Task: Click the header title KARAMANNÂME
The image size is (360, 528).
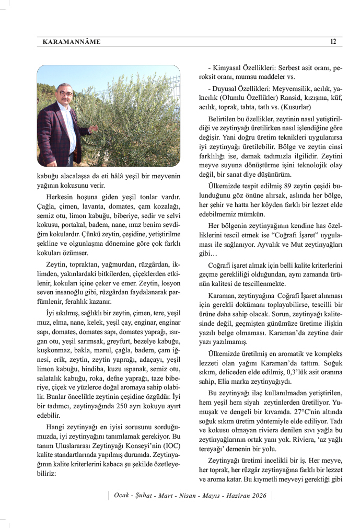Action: click(x=71, y=42)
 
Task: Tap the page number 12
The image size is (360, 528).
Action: click(x=333, y=42)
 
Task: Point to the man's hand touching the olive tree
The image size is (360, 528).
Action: click(x=94, y=129)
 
